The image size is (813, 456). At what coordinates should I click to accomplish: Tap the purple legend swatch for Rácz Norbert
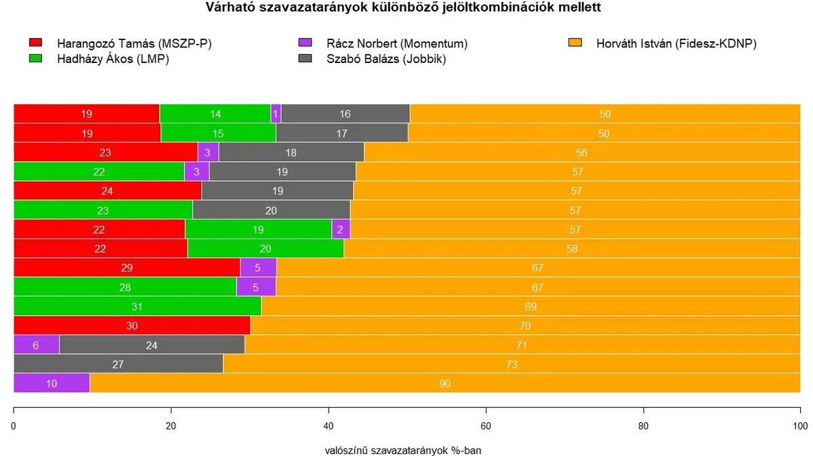pos(305,43)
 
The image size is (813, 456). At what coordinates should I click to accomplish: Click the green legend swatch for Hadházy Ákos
pos(36,59)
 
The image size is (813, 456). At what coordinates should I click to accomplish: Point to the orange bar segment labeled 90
pos(444,384)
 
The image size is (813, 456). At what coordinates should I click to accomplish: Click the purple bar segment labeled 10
pos(51,384)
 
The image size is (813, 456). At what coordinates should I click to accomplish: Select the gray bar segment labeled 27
pos(118,364)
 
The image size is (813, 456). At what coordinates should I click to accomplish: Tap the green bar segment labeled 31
pos(137,306)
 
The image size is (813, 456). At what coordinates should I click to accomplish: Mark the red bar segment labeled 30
pos(132,326)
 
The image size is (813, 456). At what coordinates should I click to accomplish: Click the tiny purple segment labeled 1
pos(276,114)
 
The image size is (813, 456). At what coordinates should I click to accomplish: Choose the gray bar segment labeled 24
pos(152,345)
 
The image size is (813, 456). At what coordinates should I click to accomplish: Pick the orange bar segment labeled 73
pos(512,364)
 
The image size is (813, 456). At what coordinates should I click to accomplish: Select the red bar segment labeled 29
pos(127,268)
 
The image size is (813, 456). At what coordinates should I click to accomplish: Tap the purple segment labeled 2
pos(341,230)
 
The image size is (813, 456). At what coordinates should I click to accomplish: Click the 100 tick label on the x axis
pos(800,426)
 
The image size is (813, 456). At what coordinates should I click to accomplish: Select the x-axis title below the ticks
pos(403,449)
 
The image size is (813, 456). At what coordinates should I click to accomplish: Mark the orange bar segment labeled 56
pos(581,152)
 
